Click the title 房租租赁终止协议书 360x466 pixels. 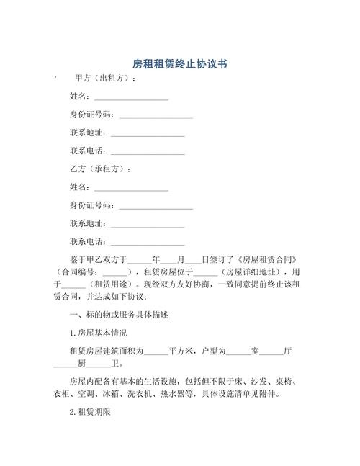click(x=180, y=63)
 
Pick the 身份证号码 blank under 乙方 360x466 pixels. click(x=156, y=207)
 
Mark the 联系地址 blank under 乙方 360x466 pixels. click(x=148, y=225)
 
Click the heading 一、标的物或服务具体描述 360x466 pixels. click(x=119, y=315)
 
